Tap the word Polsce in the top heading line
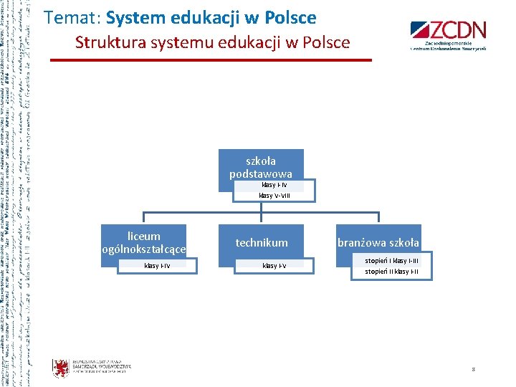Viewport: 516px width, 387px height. (x=290, y=17)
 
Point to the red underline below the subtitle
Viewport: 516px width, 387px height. (x=211, y=59)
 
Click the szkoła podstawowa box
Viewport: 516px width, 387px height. (x=261, y=167)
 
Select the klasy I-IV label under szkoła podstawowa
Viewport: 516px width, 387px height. (x=274, y=185)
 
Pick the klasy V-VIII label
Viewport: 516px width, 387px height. (x=274, y=195)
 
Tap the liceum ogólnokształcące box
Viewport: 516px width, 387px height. (x=143, y=242)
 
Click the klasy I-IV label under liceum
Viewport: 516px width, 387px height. (x=157, y=266)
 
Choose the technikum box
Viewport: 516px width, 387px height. (x=262, y=243)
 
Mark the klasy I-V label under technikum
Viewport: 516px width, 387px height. (x=274, y=266)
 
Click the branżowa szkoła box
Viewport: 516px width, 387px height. (x=379, y=243)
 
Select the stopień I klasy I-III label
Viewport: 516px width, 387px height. (x=392, y=261)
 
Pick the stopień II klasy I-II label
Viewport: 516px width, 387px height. (x=392, y=272)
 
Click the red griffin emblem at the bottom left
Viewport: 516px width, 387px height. (x=61, y=368)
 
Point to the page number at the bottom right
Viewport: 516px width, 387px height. (x=474, y=369)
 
